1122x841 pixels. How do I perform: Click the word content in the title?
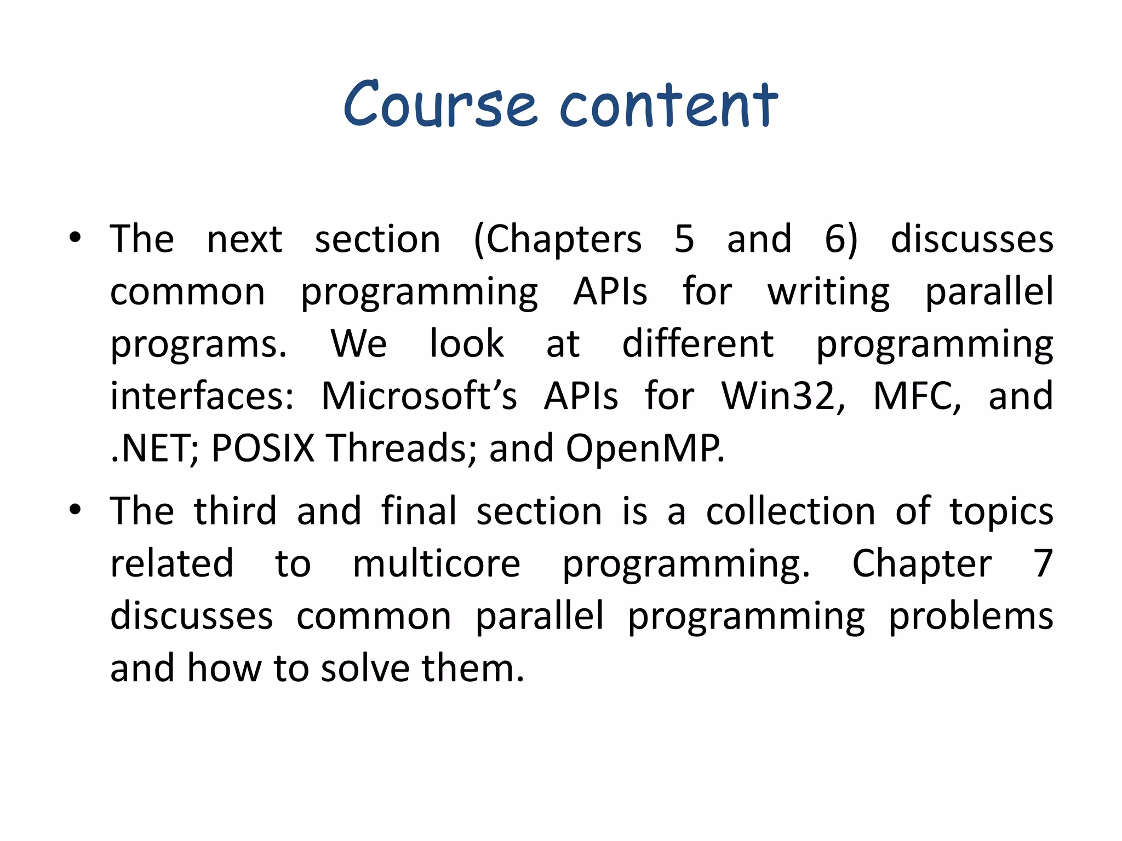(668, 105)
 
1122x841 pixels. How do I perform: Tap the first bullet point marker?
(75, 238)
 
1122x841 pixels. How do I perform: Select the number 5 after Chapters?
(684, 239)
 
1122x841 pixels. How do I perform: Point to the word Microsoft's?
(419, 396)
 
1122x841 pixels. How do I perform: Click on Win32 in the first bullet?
(782, 396)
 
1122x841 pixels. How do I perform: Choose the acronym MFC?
(916, 396)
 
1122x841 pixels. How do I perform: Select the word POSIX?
(263, 448)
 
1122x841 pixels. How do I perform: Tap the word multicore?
(436, 564)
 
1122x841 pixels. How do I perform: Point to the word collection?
(790, 511)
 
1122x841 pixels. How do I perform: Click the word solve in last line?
(365, 669)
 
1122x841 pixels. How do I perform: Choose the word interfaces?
(202, 396)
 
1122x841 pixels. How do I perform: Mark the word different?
(697, 344)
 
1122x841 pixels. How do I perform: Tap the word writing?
(828, 292)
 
